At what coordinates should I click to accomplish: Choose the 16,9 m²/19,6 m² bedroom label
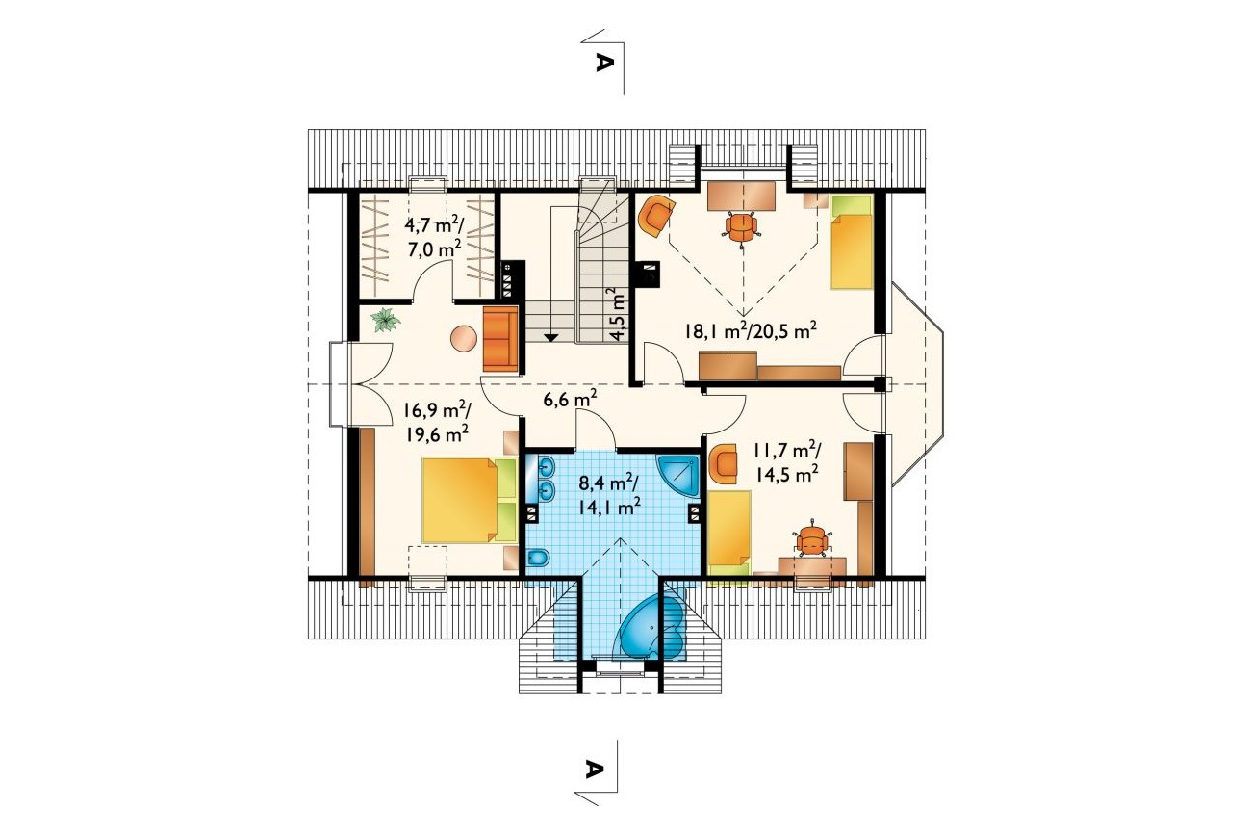(437, 422)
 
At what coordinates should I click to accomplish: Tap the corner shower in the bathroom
(679, 476)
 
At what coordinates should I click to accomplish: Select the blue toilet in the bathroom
(538, 558)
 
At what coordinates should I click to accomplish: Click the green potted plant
(386, 321)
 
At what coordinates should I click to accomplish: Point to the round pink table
(464, 339)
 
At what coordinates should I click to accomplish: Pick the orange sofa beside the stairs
(501, 339)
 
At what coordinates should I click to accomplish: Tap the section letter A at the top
(600, 62)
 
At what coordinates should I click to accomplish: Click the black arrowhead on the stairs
(551, 338)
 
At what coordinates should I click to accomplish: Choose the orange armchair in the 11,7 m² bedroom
(724, 463)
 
